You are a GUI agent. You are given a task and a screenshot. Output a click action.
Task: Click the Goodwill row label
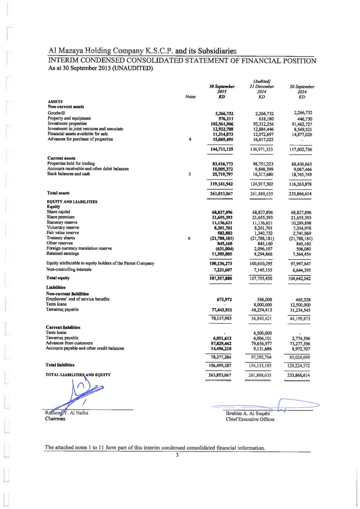pos(55,113)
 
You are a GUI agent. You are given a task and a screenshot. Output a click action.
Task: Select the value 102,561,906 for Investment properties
pos(222,124)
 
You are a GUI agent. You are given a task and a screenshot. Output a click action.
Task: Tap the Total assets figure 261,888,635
pos(261,194)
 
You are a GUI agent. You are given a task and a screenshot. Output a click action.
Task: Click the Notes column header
pos(190,97)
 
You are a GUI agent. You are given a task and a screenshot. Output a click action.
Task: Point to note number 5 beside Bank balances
pos(190,174)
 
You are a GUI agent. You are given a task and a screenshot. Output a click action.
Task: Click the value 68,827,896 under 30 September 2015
pos(222,212)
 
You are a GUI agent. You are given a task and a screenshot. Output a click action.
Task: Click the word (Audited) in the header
pos(262,82)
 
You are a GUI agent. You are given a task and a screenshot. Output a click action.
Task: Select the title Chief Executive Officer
pos(250,419)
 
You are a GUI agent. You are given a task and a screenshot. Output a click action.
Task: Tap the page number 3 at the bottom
pos(177,455)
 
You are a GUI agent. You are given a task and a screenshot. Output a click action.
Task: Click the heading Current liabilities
pos(63,327)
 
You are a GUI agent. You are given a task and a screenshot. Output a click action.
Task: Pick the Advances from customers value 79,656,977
pos(261,344)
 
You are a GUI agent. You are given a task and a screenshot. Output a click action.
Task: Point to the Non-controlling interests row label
pos(69,270)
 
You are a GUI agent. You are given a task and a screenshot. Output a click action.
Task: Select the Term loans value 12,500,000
pos(300,305)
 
